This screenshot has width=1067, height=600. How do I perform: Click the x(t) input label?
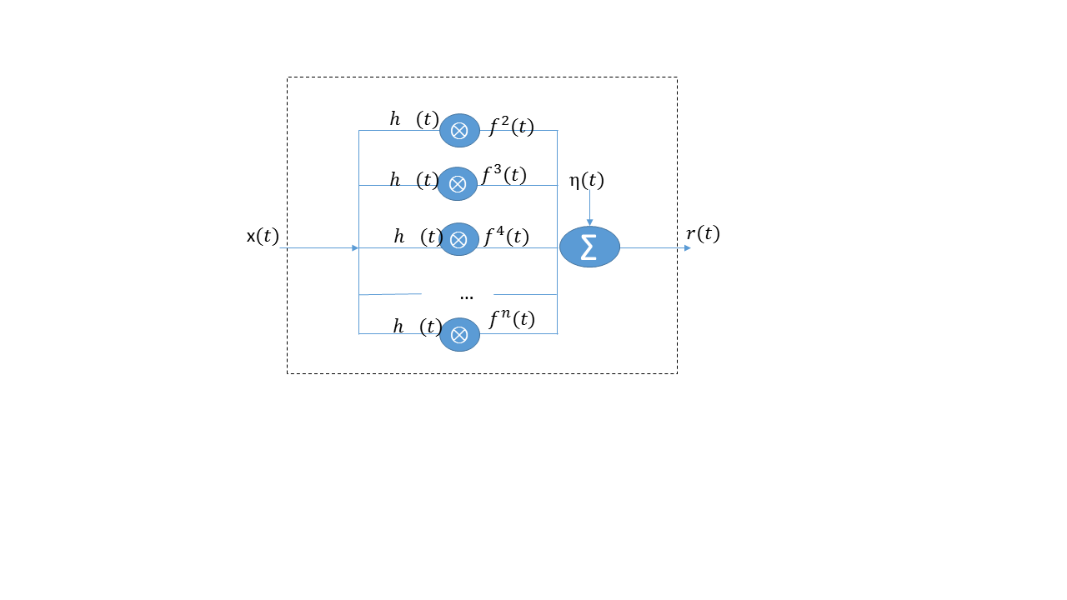point(263,237)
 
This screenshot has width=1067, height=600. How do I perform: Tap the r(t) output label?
point(703,234)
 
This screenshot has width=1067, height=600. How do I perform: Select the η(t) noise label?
point(586,180)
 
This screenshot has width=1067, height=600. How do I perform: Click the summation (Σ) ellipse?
point(589,247)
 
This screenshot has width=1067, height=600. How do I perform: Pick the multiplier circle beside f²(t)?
point(459,130)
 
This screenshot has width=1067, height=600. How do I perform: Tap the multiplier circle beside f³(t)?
point(458,184)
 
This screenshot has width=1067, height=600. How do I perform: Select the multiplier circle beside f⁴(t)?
point(458,239)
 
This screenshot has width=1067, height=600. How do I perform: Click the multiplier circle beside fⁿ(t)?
point(459,334)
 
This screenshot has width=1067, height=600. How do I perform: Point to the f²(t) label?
point(511,127)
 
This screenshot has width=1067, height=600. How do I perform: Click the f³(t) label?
point(504,176)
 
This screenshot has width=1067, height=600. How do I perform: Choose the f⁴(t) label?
point(506,237)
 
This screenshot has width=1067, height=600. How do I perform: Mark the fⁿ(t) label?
point(511,319)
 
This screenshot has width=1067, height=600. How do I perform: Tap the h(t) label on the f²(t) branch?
point(414,119)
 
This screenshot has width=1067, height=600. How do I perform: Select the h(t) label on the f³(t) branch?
point(414,180)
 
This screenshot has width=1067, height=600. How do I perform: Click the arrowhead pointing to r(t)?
point(688,247)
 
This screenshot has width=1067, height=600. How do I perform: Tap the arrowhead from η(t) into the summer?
point(590,222)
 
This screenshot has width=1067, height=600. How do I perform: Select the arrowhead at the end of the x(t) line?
point(355,247)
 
